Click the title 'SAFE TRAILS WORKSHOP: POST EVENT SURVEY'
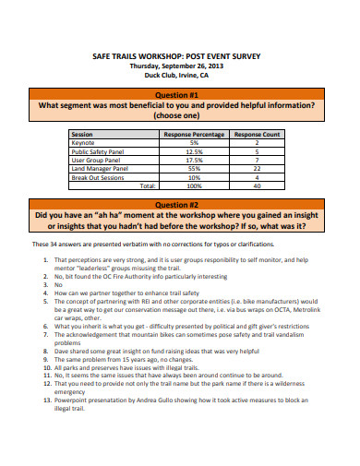tap(180, 56)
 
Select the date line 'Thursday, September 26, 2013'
tap(180, 66)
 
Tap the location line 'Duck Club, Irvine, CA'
tap(180, 77)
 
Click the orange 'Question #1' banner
tap(180, 93)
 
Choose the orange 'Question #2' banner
tap(180, 204)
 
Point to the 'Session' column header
tap(82, 135)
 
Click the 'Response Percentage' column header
tap(194, 135)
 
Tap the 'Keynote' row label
tap(84, 143)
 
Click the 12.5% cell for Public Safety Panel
tap(194, 151)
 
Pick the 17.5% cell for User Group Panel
tap(194, 160)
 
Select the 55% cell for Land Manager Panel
tap(194, 168)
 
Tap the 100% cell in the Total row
tap(194, 185)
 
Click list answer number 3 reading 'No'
tap(58, 285)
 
